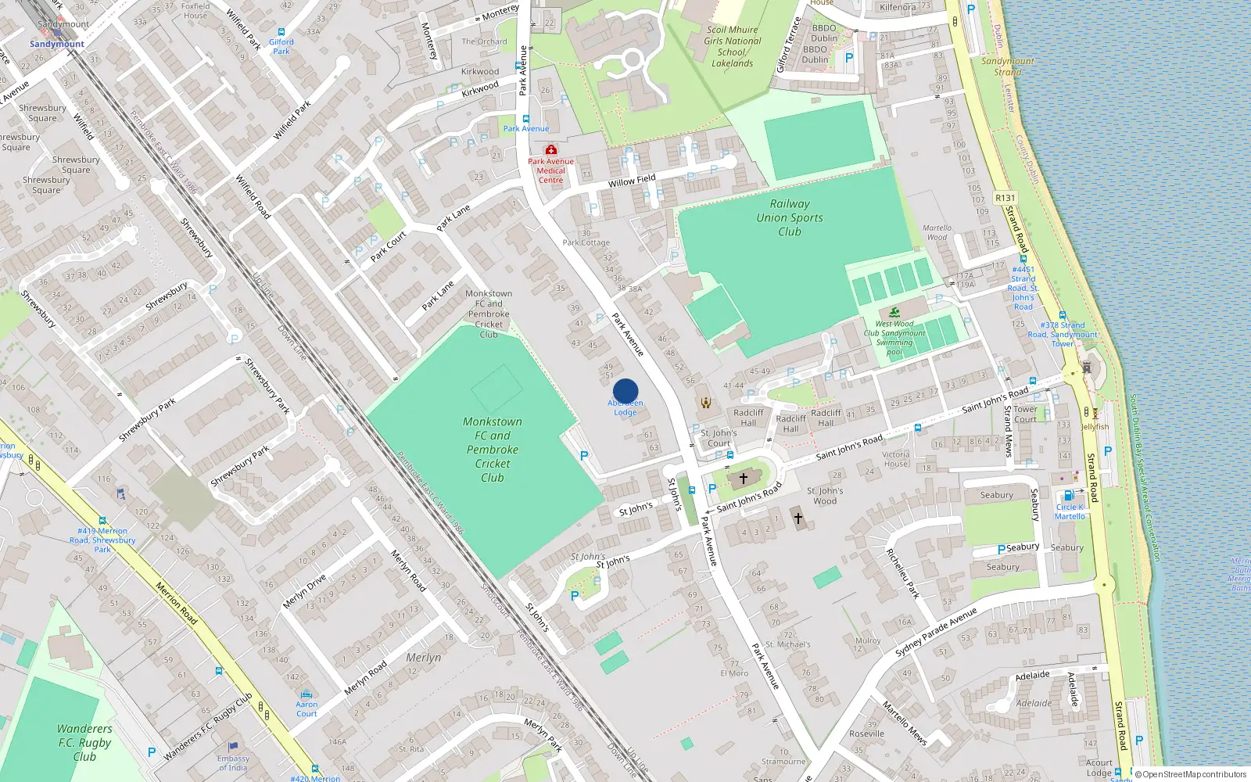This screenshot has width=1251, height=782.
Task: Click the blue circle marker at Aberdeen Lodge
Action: coord(625,391)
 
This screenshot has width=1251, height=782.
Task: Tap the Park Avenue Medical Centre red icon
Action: coord(551,149)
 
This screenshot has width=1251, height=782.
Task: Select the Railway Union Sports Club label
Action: coord(789,217)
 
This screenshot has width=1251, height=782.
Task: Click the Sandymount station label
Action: coord(57,44)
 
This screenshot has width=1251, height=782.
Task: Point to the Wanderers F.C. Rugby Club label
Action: coord(84,742)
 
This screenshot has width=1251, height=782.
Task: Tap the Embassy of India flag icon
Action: coord(232,747)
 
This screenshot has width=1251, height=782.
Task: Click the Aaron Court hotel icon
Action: coord(306,694)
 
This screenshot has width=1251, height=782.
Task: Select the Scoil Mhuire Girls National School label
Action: coord(732,46)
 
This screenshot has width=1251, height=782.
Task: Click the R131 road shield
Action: coord(1005,199)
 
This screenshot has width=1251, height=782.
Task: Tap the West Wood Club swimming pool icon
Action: coord(894,312)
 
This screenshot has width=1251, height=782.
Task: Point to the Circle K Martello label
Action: coord(1070,511)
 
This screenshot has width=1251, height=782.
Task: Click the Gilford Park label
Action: coord(281,47)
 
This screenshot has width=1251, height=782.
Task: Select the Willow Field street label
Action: coord(632,181)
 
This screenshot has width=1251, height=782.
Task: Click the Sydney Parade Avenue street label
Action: coord(936,632)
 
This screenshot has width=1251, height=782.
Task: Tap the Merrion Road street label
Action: coord(176,602)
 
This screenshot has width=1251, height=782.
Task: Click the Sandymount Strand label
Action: coord(1007,66)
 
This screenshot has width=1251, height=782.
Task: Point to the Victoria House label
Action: coord(896,459)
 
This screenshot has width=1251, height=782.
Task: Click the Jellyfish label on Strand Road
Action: coord(1095,427)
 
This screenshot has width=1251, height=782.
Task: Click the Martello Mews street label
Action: coord(905,723)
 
